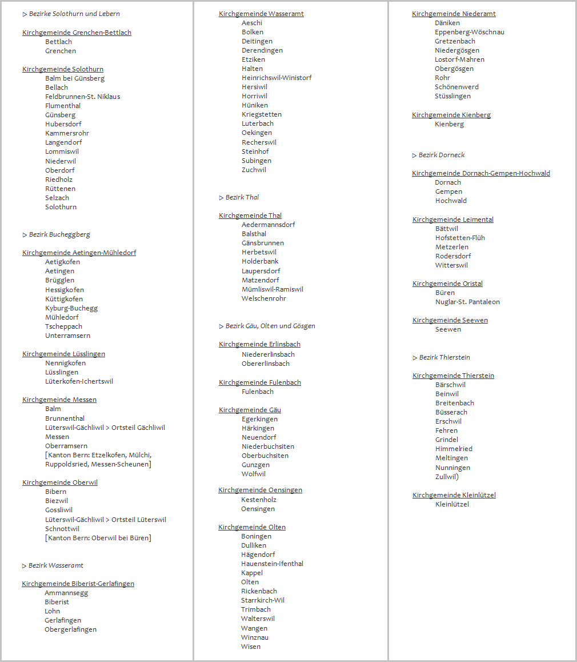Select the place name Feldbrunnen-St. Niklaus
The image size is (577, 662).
[x=82, y=97]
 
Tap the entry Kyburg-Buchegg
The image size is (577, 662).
[x=71, y=308]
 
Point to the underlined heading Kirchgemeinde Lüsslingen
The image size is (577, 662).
[x=63, y=354]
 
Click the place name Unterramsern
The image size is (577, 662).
[x=67, y=336]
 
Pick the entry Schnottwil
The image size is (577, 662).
[x=62, y=529]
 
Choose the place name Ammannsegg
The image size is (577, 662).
[x=66, y=593]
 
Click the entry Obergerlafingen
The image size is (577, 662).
[x=70, y=629]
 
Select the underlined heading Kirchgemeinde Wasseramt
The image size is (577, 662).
[x=261, y=14]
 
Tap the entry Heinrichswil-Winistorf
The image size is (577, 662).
[x=277, y=78]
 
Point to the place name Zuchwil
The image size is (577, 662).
[x=254, y=170]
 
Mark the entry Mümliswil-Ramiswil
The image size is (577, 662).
[x=273, y=289]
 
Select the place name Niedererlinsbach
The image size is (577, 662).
[x=268, y=354]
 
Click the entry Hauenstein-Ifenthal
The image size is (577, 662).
[x=272, y=564]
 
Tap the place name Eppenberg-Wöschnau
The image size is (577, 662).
[x=469, y=32]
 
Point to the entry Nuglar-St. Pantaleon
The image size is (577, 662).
[x=467, y=302]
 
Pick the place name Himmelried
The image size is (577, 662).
[x=454, y=449]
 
